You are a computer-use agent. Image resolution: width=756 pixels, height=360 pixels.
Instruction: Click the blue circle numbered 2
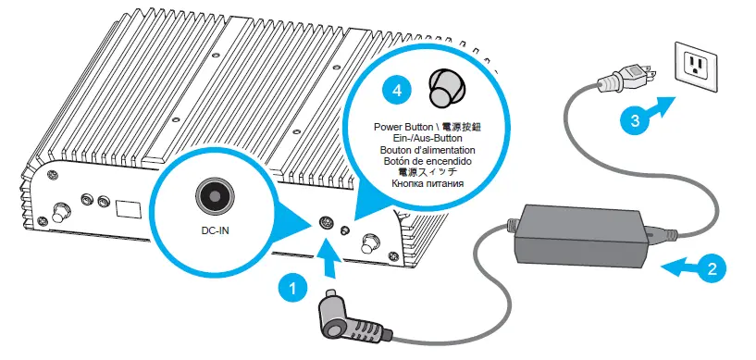[710, 270]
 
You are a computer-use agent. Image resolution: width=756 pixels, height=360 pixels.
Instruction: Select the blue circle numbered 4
[397, 91]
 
